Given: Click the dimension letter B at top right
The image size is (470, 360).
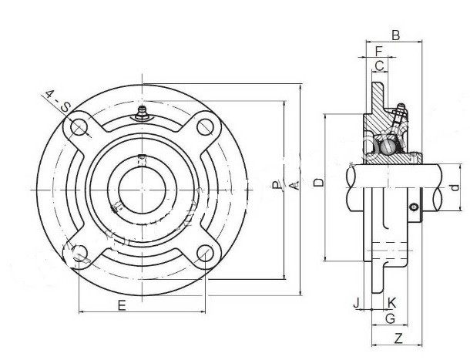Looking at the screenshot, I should pos(395,35).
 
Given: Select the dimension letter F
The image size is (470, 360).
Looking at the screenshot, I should pos(378,52).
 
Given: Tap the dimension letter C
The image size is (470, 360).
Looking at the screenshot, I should pos(379,66).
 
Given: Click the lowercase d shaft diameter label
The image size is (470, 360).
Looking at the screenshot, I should pos(454,187).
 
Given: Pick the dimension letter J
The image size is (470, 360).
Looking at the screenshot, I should pos(357,301).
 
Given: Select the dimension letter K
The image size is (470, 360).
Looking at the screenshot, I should pos(392,301).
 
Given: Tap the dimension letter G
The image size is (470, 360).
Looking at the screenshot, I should pos(389,318).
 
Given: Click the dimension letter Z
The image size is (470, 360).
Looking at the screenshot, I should pos(398,338).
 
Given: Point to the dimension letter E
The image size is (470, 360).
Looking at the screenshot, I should pos(122,306).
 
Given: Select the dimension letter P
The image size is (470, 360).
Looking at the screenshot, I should pos(275,184).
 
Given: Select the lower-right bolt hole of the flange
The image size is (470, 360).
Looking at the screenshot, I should pos(204,254).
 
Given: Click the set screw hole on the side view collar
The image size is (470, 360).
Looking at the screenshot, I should pos(413,206).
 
